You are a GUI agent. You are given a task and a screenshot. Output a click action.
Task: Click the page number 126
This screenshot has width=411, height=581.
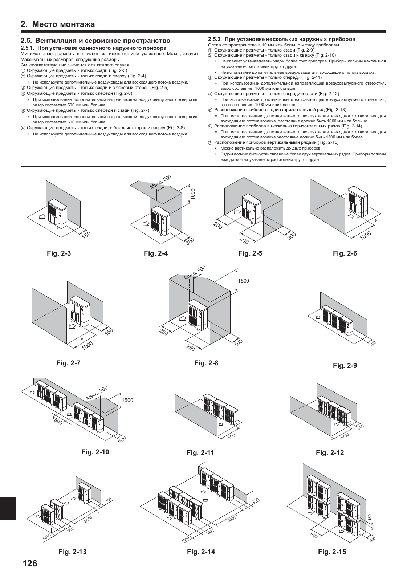point(30,564)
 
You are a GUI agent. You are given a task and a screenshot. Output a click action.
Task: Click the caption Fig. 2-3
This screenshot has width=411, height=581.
point(59,253)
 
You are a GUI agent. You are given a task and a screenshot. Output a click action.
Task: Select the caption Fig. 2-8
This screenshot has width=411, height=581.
point(206,363)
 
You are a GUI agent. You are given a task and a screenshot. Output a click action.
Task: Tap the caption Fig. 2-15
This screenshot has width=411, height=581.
point(332,552)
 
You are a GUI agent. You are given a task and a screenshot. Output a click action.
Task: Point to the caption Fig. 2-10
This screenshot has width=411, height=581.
point(95,452)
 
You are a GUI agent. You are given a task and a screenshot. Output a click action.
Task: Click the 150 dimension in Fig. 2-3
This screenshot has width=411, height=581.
point(86,234)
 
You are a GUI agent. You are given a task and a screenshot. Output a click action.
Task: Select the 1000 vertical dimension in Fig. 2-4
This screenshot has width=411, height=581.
point(193,194)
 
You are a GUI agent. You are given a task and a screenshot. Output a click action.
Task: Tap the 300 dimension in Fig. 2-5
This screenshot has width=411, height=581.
point(291,236)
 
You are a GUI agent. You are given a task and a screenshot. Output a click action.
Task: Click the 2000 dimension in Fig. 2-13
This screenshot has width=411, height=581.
point(89,519)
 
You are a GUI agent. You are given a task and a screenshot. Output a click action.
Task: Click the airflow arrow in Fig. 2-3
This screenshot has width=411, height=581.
point(42,217)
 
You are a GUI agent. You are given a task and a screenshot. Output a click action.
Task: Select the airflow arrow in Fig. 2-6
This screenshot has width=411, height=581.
point(350,217)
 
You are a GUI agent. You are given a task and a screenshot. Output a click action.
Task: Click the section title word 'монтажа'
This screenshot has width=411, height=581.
point(77,24)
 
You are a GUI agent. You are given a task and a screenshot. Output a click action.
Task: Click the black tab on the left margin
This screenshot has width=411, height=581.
point(8,508)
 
